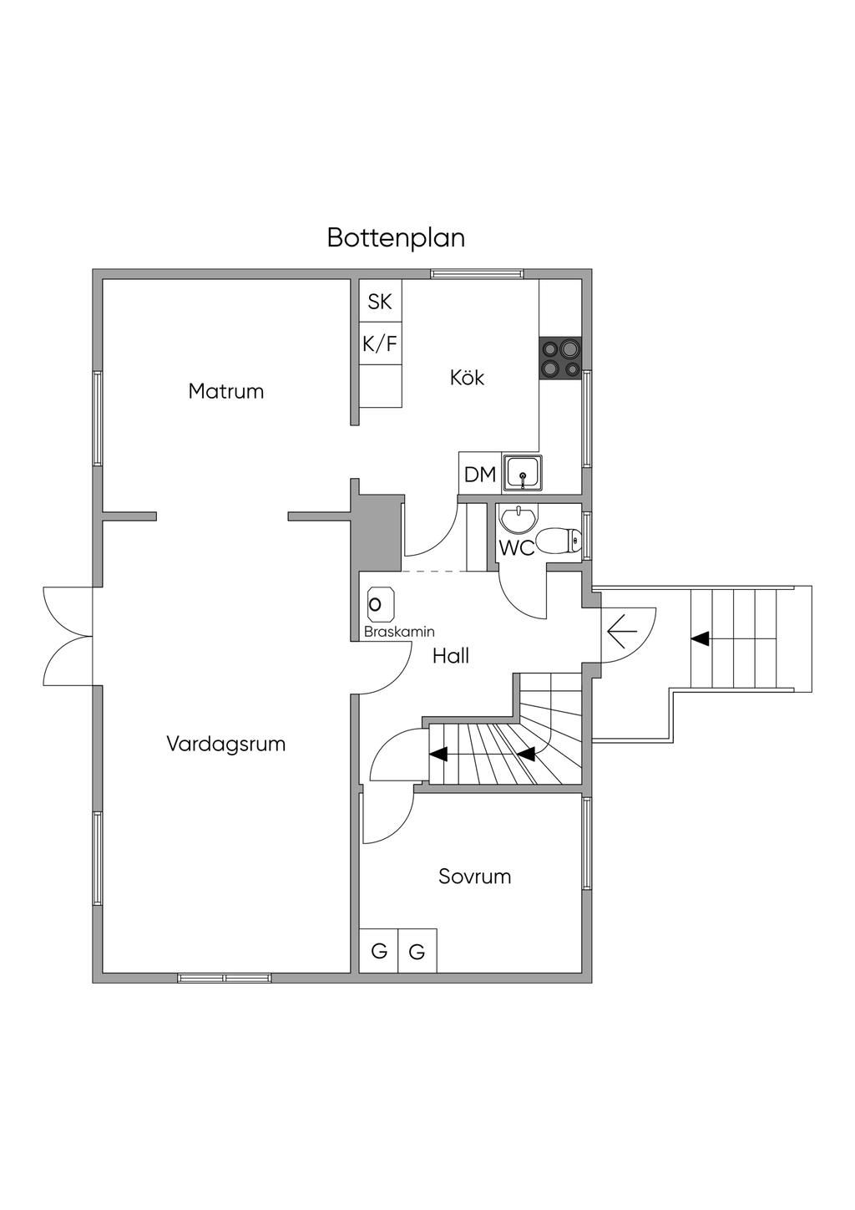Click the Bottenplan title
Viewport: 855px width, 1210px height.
pos(396,238)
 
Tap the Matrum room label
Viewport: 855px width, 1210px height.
pos(226,391)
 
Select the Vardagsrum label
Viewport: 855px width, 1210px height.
pos(226,744)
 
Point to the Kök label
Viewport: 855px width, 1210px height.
pos(467,378)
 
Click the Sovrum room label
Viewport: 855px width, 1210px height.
pos(474,877)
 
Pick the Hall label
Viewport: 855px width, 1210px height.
pos(451,657)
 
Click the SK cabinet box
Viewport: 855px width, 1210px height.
pos(380,301)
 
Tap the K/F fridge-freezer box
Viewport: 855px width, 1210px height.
pos(380,343)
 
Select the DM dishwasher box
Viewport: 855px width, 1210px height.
pos(480,475)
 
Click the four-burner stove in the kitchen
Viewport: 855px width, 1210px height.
pos(560,358)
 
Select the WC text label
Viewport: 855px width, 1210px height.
pos(516,549)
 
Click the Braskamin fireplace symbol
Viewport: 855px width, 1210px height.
pos(379,604)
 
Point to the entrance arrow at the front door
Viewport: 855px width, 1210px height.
pos(620,632)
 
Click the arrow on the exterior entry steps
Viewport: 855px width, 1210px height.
pos(700,639)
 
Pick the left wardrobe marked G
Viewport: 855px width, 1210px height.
pos(379,951)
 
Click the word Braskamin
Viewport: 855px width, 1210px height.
pos(399,633)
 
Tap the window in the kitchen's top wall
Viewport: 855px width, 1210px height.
pos(477,273)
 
